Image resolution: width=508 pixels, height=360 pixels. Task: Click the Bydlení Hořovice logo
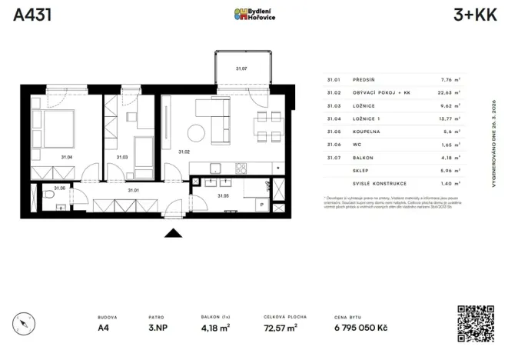point(254,15)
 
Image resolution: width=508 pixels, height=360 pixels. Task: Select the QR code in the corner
point(475,323)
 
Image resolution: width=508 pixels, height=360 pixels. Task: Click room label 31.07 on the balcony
point(241,69)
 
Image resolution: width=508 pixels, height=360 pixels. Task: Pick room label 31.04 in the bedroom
point(67,157)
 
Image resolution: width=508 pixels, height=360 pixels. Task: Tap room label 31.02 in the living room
point(184,152)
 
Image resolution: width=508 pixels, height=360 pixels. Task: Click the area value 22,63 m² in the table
point(447,92)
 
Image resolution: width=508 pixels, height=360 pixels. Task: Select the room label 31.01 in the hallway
point(132,188)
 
